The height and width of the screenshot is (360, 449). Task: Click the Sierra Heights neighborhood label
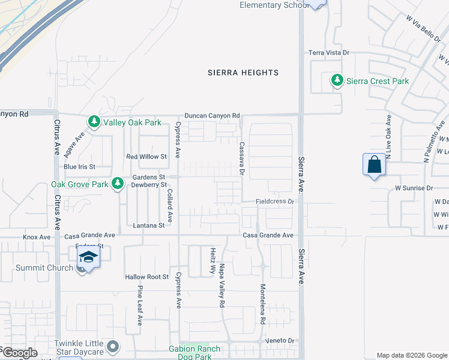[x=243, y=73]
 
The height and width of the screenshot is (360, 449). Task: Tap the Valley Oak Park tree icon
[x=94, y=122]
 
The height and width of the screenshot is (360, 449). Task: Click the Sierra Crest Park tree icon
[x=337, y=81]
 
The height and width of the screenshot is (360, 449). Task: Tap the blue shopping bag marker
[x=373, y=164]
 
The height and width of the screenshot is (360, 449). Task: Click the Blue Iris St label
[x=79, y=167]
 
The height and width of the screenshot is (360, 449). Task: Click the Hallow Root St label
[x=147, y=277]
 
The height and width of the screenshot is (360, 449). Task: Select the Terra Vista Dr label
[x=328, y=53]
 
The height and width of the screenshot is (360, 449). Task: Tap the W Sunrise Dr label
[x=414, y=188]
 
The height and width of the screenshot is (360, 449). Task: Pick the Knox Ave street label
[x=37, y=237]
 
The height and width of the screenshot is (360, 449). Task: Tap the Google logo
[x=19, y=353]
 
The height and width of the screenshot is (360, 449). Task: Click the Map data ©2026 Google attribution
[x=411, y=355]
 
